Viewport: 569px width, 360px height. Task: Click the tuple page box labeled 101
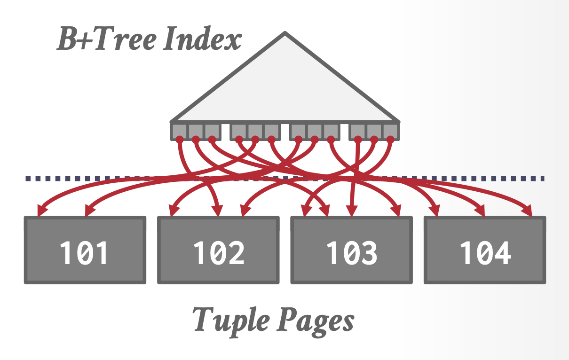coord(85,250)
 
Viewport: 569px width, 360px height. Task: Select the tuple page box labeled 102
coord(218,250)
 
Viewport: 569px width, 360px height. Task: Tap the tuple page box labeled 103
coord(352,250)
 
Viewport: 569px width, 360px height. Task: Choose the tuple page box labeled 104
coord(485,250)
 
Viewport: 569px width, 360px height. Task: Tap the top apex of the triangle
coord(284,33)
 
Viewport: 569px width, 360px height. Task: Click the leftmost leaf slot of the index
coord(179,131)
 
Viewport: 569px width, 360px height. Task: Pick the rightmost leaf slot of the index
coord(390,131)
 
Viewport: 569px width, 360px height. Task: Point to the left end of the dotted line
coord(28,179)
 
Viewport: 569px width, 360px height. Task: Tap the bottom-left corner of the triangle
coord(172,121)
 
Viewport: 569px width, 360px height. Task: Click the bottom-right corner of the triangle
coord(398,121)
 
